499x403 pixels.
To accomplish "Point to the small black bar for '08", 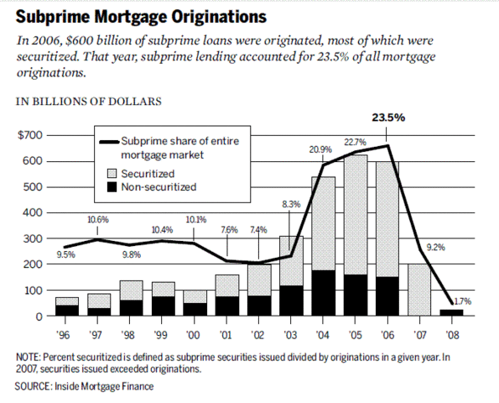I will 450,313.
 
